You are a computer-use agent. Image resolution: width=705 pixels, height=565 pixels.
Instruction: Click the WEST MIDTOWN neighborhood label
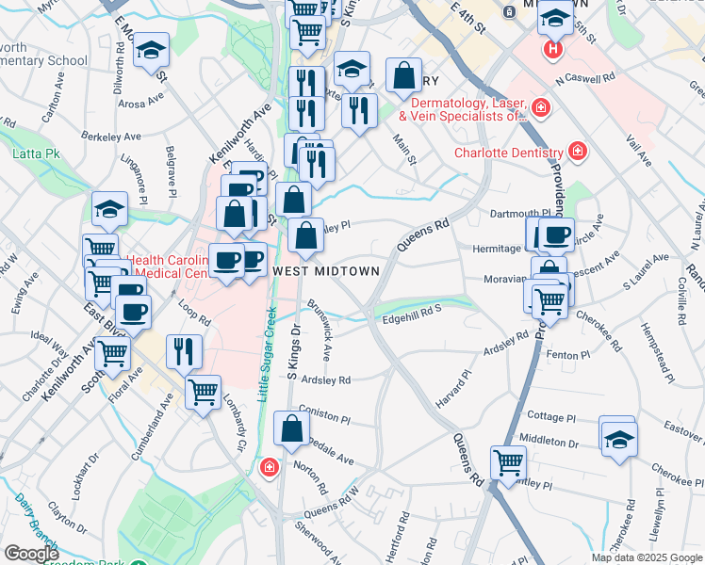pyautogui.click(x=326, y=270)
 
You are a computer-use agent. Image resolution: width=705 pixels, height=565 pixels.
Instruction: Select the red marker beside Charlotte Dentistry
pyautogui.click(x=577, y=152)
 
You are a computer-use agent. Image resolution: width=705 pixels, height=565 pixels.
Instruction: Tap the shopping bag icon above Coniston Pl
pyautogui.click(x=292, y=428)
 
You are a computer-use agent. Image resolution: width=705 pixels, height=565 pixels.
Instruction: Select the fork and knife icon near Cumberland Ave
pyautogui.click(x=184, y=351)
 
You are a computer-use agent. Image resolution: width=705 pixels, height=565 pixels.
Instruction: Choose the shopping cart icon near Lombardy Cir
pyautogui.click(x=203, y=392)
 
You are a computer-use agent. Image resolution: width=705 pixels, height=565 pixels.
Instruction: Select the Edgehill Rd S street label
pyautogui.click(x=412, y=319)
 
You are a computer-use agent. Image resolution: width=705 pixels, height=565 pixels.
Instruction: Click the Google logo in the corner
pyautogui.click(x=32, y=554)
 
